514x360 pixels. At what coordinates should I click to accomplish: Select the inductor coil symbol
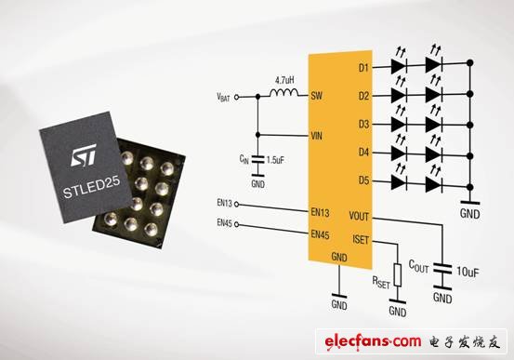[x=283, y=94]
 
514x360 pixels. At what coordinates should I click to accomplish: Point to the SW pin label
[x=316, y=95]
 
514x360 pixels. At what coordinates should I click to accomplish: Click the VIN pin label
[x=316, y=135]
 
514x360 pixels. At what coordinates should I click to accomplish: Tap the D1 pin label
[x=363, y=67]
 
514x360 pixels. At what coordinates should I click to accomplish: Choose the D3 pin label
[x=363, y=124]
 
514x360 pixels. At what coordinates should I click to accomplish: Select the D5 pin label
[x=363, y=181]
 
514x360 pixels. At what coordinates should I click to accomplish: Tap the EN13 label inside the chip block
[x=319, y=211]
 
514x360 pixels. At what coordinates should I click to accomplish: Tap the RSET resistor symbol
[x=398, y=275]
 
